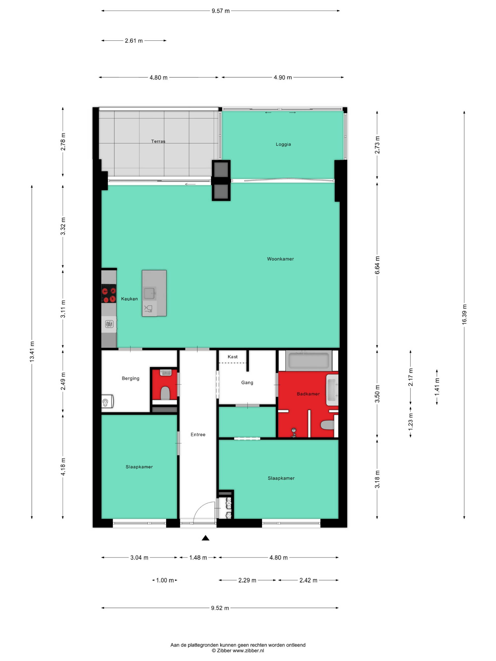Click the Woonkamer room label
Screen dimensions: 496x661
click(x=280, y=259)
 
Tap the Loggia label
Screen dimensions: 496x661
click(x=283, y=144)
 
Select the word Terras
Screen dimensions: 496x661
click(x=158, y=141)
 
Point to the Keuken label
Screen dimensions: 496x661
click(x=129, y=299)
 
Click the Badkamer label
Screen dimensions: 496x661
click(x=308, y=394)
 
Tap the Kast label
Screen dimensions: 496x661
click(x=233, y=357)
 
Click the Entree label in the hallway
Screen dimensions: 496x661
click(x=198, y=434)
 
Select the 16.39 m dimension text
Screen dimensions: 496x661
click(x=464, y=314)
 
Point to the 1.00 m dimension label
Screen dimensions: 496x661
click(x=165, y=580)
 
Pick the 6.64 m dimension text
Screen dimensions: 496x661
click(x=377, y=265)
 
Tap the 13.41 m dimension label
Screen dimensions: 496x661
click(x=32, y=352)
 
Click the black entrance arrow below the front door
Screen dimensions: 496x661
click(x=205, y=538)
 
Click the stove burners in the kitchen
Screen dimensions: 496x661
click(x=109, y=294)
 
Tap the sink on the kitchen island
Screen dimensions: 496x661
click(x=149, y=293)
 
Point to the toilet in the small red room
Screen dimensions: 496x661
click(x=165, y=393)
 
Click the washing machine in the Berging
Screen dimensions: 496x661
click(x=107, y=402)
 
